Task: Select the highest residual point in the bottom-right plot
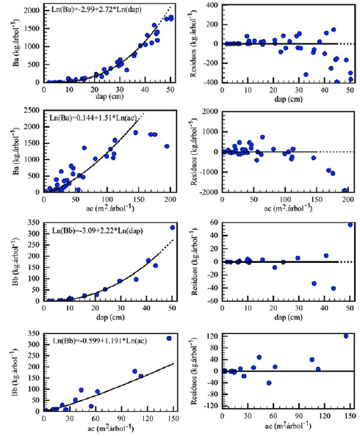347,336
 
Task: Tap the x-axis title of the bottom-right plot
287,429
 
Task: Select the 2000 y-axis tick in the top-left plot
32,10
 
